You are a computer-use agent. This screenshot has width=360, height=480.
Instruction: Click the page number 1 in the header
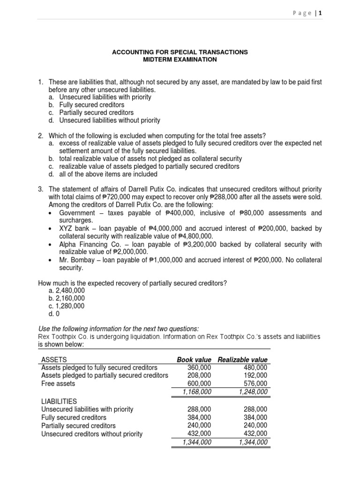click(321, 14)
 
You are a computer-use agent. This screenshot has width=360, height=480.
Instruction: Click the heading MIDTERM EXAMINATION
click(180, 60)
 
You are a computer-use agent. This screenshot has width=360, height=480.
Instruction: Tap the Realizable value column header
click(243, 360)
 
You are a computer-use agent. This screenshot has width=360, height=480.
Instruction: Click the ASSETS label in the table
click(54, 360)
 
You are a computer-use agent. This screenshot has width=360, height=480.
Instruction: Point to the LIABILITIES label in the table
click(59, 401)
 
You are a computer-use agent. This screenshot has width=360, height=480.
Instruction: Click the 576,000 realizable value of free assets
click(255, 383)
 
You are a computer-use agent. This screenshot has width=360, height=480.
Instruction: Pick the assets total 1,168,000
click(196, 391)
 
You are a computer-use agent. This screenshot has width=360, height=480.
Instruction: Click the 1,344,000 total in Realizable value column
click(253, 442)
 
